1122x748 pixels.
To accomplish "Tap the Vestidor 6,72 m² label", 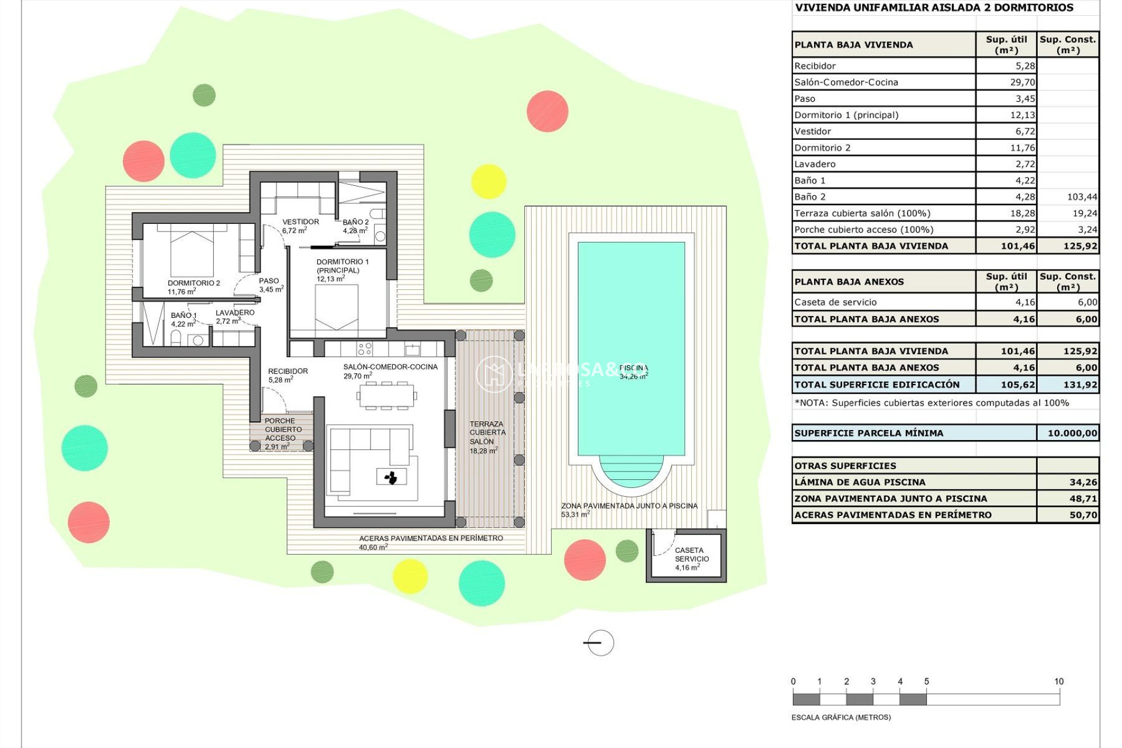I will coord(300,226).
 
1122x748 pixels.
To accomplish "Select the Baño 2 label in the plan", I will coord(355,226).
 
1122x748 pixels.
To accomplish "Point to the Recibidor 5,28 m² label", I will coord(288,375).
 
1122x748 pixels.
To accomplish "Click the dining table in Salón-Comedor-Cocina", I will coord(387,396).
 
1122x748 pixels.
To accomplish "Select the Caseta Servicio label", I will coord(691,558).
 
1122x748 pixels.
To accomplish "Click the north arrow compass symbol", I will coord(600,643).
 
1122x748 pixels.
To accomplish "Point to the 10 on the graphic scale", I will coord(1058,681).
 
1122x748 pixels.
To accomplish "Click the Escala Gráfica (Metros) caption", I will coord(841,717).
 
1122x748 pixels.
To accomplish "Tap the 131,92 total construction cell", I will coord(1080,385).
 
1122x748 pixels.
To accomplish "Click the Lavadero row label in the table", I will coord(815,164).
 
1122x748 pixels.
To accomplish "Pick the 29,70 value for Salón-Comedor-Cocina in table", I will coord(1022,82).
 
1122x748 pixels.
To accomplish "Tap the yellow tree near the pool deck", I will coord(488,181).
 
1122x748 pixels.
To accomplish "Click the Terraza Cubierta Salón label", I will coord(487,437).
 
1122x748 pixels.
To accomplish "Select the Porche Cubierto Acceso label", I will coord(282,433).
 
